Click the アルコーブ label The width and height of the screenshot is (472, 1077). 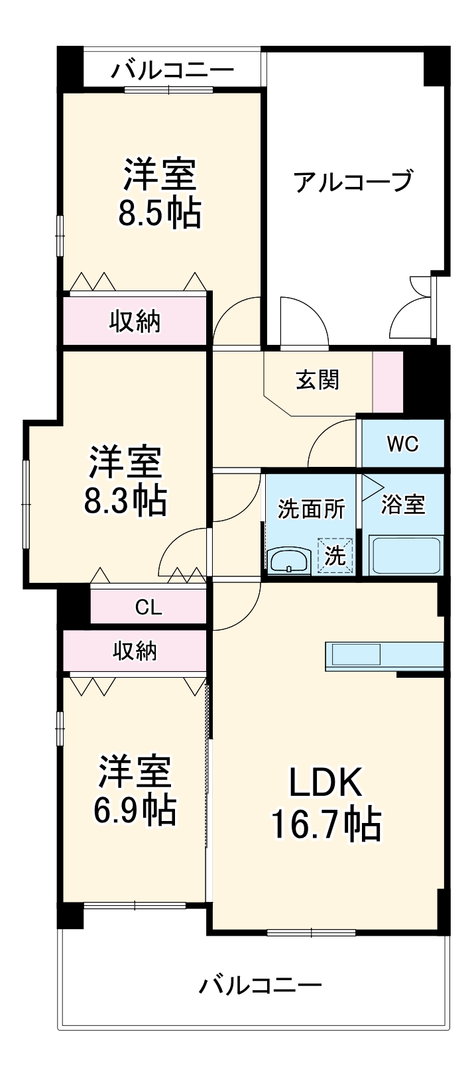(353, 181)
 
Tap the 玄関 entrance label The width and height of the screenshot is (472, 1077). (317, 380)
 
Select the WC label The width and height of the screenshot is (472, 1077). (402, 444)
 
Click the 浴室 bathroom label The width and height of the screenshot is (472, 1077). (402, 505)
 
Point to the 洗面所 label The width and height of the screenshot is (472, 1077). (311, 509)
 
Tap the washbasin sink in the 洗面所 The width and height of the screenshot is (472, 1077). (289, 560)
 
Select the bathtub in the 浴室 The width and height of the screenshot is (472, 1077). (406, 556)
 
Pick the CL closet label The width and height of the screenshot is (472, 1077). (148, 607)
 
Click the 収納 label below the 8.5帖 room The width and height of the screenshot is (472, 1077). (135, 322)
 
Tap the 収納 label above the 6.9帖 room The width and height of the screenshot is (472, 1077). (135, 651)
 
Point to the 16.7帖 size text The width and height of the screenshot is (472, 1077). (325, 825)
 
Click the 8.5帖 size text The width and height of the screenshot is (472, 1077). (160, 214)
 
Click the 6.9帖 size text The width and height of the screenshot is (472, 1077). (135, 810)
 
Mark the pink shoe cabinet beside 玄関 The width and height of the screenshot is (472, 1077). (388, 381)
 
